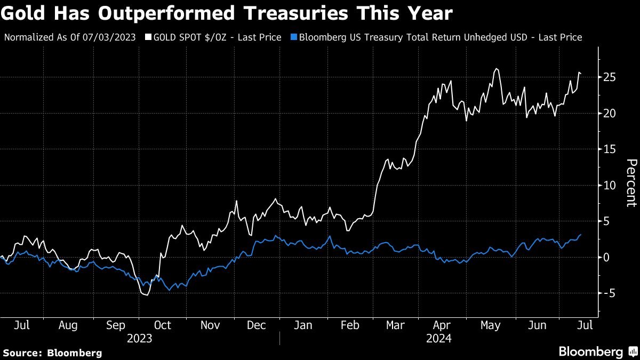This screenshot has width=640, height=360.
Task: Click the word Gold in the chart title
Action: click(26, 14)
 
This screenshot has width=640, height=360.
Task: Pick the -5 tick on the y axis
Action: click(610, 293)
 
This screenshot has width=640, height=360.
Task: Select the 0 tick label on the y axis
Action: click(607, 257)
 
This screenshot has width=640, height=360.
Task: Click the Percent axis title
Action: click(631, 182)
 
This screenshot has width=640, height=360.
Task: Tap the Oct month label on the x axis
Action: click(162, 325)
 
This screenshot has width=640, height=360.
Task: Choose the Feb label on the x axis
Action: click(350, 325)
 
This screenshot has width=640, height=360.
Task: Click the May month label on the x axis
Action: click(491, 325)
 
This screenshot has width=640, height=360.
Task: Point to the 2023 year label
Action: click(140, 339)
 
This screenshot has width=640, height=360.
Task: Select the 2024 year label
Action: click(438, 339)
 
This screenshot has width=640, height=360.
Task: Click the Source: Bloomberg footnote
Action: click(52, 353)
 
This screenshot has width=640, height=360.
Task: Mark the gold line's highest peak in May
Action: click(497, 68)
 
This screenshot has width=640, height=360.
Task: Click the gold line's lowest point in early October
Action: click(146, 294)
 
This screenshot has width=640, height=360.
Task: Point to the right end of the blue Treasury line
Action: click(581, 235)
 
